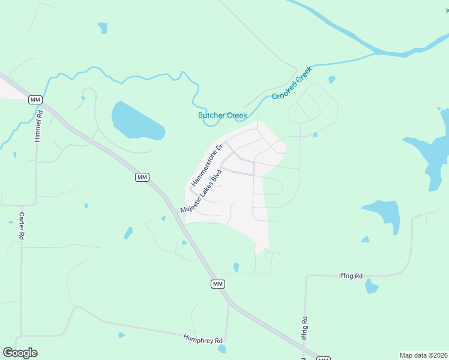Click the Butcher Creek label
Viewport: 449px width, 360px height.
(222, 116)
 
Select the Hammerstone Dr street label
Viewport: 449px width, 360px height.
(207, 164)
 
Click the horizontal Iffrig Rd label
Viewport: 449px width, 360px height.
(351, 276)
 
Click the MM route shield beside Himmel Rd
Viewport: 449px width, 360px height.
(35, 100)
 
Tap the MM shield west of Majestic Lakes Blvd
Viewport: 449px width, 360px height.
(142, 176)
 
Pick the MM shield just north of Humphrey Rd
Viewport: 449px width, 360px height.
(218, 283)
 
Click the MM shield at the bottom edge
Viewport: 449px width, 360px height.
(324, 358)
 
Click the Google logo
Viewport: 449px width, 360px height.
(20, 353)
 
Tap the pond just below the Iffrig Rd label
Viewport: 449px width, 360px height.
(372, 286)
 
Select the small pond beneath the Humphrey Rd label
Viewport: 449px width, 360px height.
(222, 349)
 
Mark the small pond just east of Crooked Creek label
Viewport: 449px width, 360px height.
(331, 79)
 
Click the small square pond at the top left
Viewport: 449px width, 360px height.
(103, 28)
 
